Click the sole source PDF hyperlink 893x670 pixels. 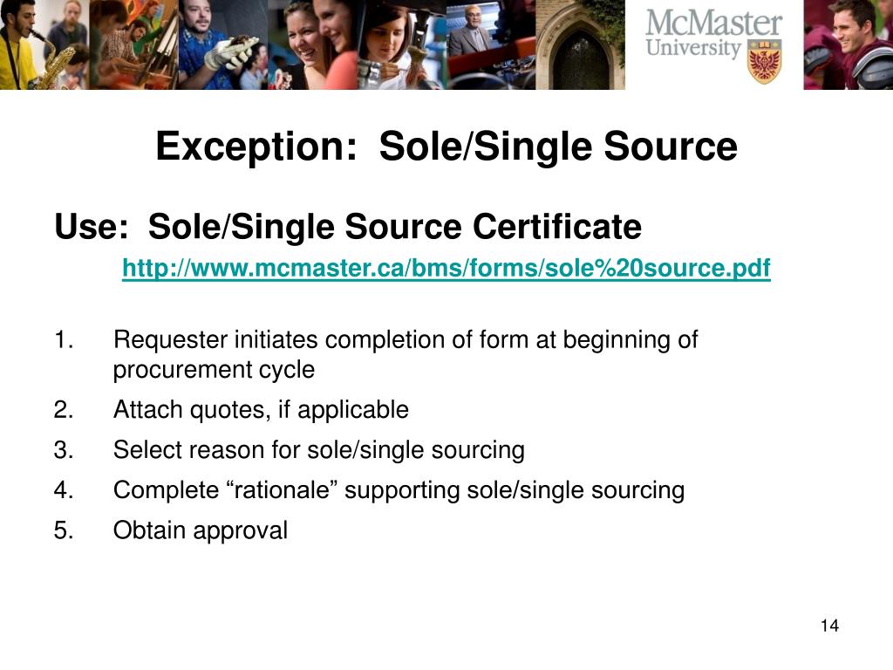tap(446, 269)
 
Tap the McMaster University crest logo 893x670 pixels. tap(765, 60)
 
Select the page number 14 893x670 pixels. tap(828, 626)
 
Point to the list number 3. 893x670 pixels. tap(62, 451)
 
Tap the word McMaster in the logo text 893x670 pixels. tap(714, 24)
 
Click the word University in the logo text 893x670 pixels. tap(693, 48)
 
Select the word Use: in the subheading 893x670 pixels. tap(91, 228)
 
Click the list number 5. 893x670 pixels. tap(62, 531)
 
